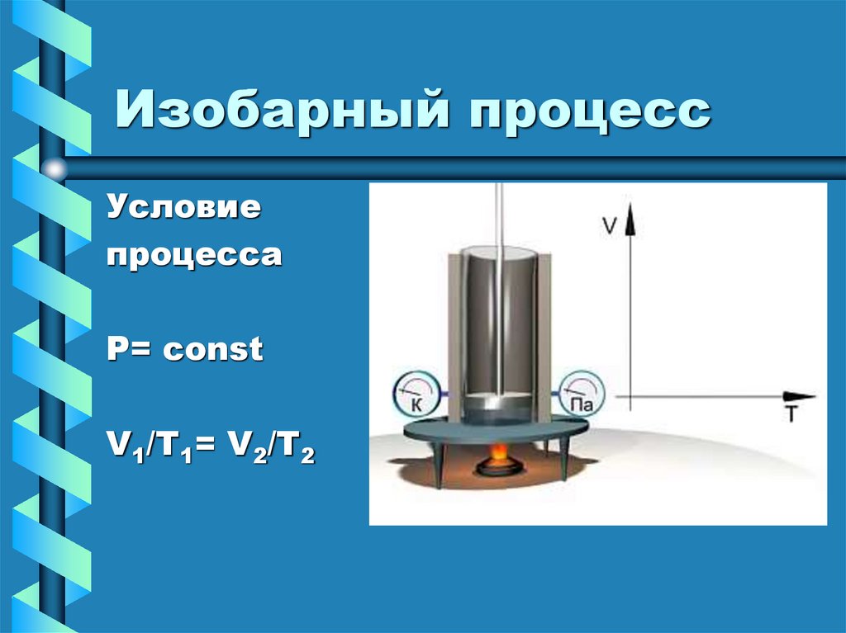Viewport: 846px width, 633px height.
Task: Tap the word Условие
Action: [x=183, y=207]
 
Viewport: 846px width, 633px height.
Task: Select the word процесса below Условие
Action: [x=193, y=255]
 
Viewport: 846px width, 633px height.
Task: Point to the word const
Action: [x=213, y=351]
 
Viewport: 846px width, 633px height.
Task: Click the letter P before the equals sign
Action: [x=116, y=351]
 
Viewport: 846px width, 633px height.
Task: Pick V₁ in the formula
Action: [x=118, y=451]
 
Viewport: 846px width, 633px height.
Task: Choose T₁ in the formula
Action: [x=165, y=451]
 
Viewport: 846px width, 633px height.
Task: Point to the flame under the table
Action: [x=498, y=455]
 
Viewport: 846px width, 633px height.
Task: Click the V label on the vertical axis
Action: [x=609, y=225]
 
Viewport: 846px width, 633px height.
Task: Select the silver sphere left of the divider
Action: [x=55, y=170]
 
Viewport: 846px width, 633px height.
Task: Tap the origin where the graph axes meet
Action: [x=630, y=397]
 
